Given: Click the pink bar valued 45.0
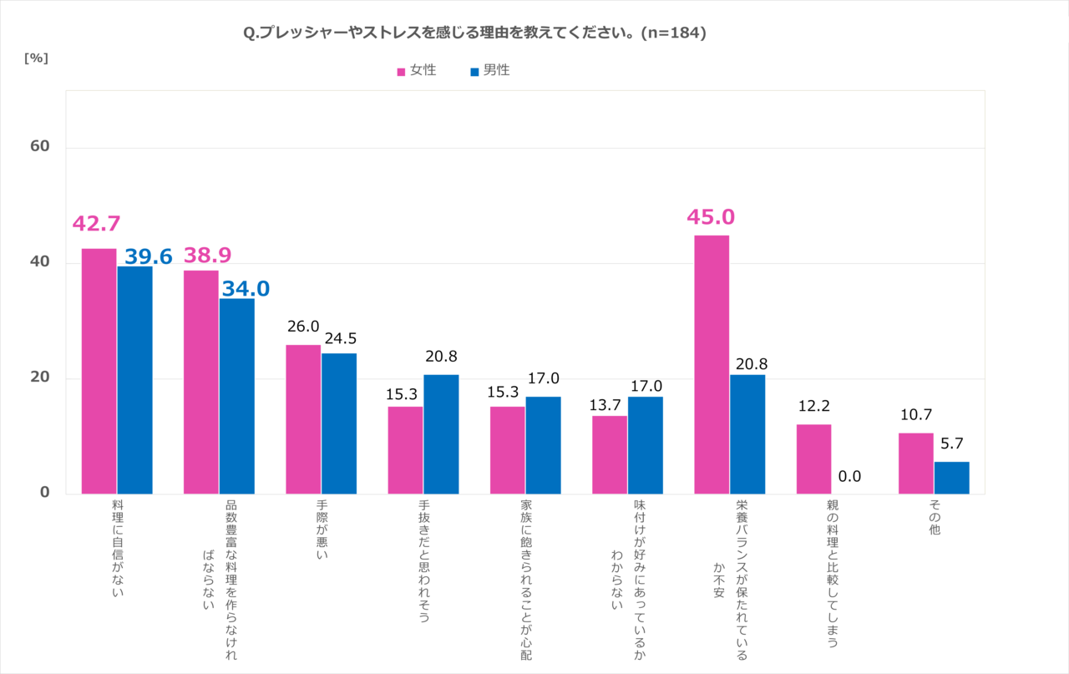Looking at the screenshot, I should [x=712, y=364].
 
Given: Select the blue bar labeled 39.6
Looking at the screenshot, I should [x=134, y=380].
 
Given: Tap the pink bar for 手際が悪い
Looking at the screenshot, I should [x=303, y=418].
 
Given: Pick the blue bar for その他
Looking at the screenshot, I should [x=951, y=477].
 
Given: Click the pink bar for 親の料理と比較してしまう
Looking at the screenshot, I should [x=813, y=459].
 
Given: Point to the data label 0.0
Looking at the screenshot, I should [x=849, y=478].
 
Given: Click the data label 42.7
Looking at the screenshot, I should [x=97, y=224].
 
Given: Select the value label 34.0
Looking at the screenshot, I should [x=246, y=289].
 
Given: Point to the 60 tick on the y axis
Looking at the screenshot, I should [x=40, y=147].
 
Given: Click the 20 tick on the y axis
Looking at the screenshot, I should [x=40, y=378].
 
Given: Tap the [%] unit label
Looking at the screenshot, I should [x=36, y=58].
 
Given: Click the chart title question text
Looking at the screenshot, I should [x=475, y=33].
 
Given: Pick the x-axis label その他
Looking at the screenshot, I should [x=935, y=519].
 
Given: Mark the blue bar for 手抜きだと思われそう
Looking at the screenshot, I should [x=441, y=433].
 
